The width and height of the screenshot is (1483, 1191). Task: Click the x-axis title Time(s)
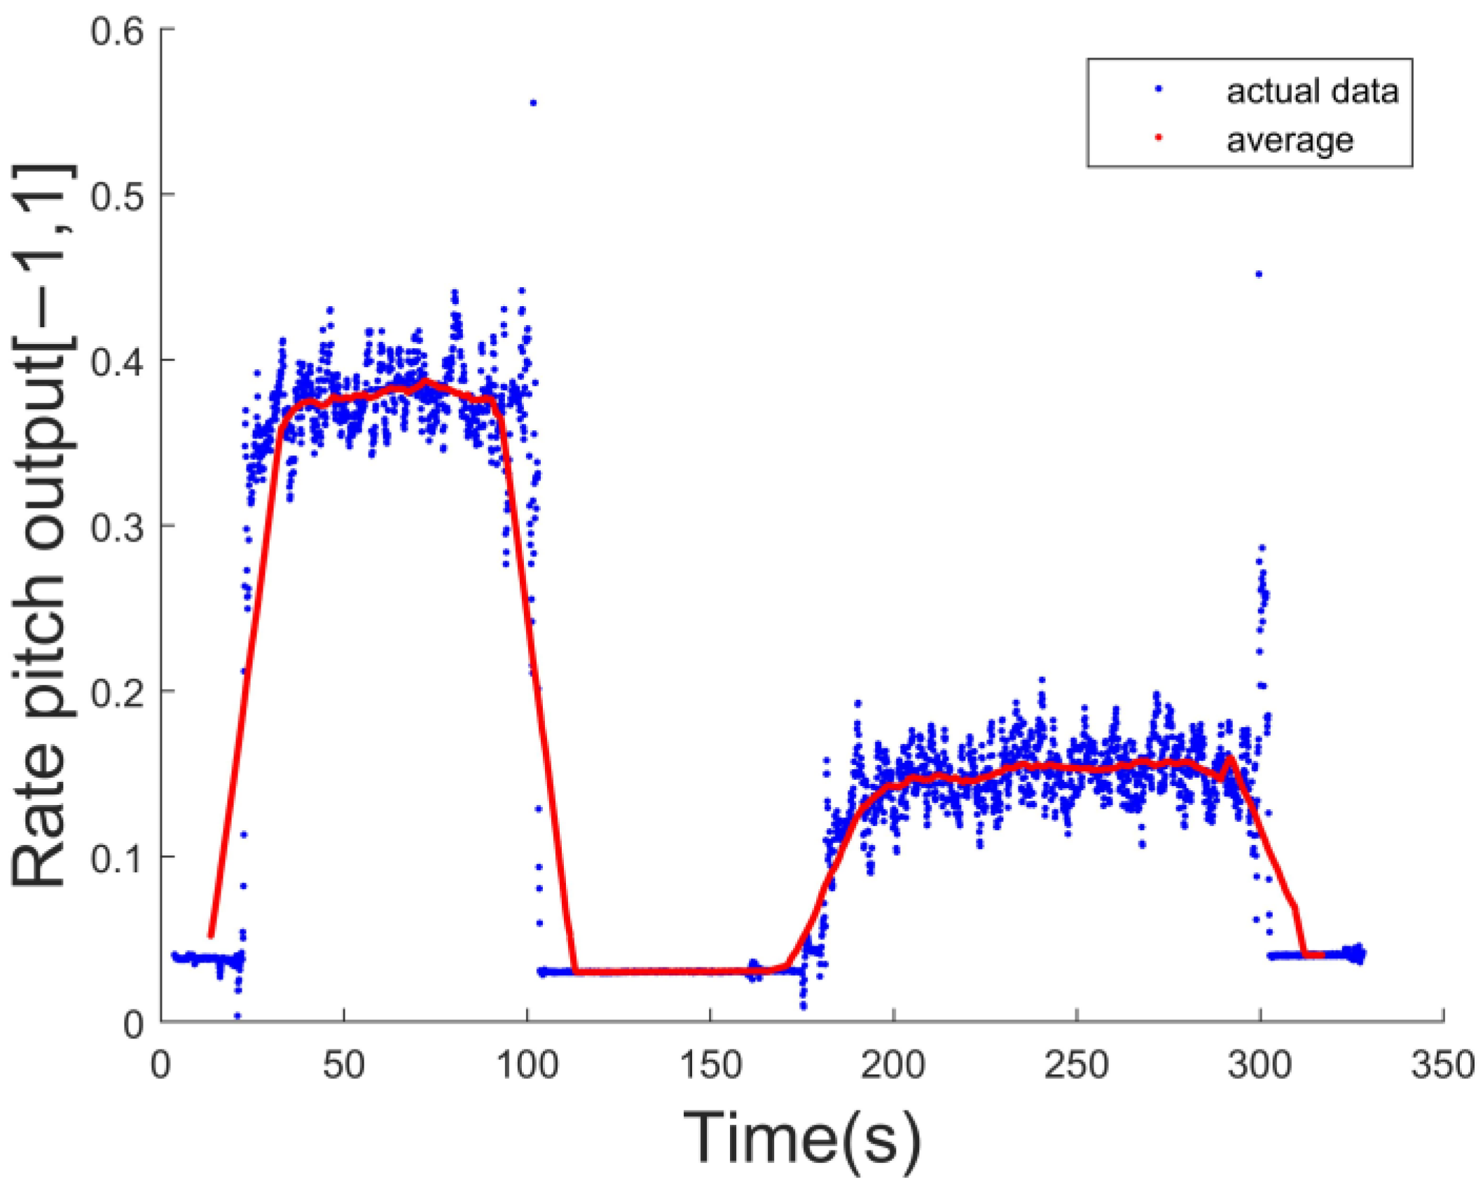(802, 1138)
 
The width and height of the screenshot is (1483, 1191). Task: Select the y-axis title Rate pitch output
(42, 525)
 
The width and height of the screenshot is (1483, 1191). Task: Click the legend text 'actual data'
(1312, 92)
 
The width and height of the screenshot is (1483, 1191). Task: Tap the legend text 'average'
(1290, 141)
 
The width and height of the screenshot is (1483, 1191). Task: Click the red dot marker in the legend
(1159, 138)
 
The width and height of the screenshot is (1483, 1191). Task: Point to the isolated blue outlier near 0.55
(533, 103)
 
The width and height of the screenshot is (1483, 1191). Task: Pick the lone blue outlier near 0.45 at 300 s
(1259, 275)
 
